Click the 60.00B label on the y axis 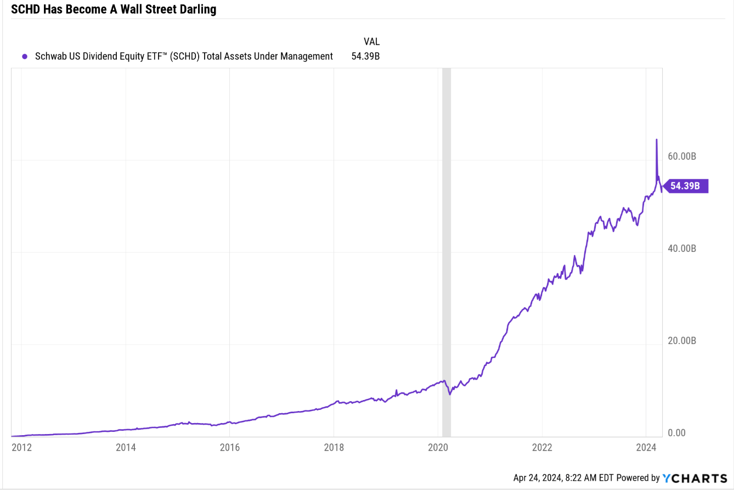682,156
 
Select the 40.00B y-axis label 682,249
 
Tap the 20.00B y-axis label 682,341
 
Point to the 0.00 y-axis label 676,433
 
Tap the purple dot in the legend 24,56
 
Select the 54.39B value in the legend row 365,56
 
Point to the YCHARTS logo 695,478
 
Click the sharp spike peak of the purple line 656,140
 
